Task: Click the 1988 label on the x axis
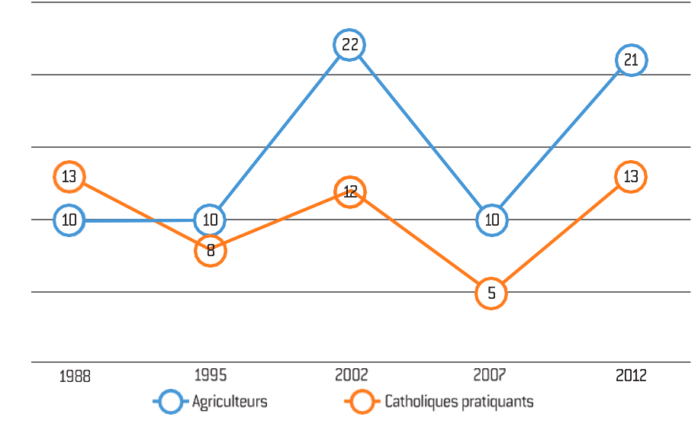75,377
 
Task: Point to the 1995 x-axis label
211,375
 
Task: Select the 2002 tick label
352,375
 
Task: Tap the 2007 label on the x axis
490,375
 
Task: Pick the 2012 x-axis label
631,376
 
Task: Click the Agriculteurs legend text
230,402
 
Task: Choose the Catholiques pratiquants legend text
459,402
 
